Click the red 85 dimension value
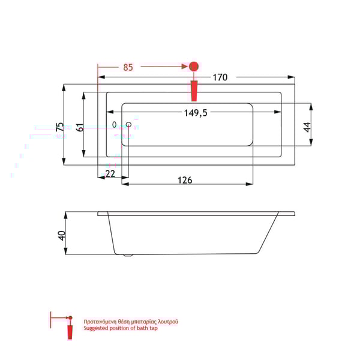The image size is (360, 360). click(128, 67)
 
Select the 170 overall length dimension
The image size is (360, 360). click(220, 77)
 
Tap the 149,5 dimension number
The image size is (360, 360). click(194, 113)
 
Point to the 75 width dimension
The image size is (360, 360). click(59, 127)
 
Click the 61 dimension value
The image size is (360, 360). click(79, 127)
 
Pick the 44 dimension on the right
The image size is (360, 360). click(306, 127)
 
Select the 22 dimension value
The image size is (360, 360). click(110, 173)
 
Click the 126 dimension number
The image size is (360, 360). click(185, 181)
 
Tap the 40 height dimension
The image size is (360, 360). click(61, 235)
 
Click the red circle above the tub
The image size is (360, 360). click(194, 67)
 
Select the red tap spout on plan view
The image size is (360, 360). click(194, 91)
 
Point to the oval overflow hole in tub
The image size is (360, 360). click(115, 125)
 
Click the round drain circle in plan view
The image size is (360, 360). click(128, 125)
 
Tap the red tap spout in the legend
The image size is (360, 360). click(70, 331)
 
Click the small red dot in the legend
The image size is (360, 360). click(70, 317)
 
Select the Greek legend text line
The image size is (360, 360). click(130, 322)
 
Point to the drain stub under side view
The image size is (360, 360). click(127, 256)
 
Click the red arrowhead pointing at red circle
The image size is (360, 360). click(185, 67)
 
